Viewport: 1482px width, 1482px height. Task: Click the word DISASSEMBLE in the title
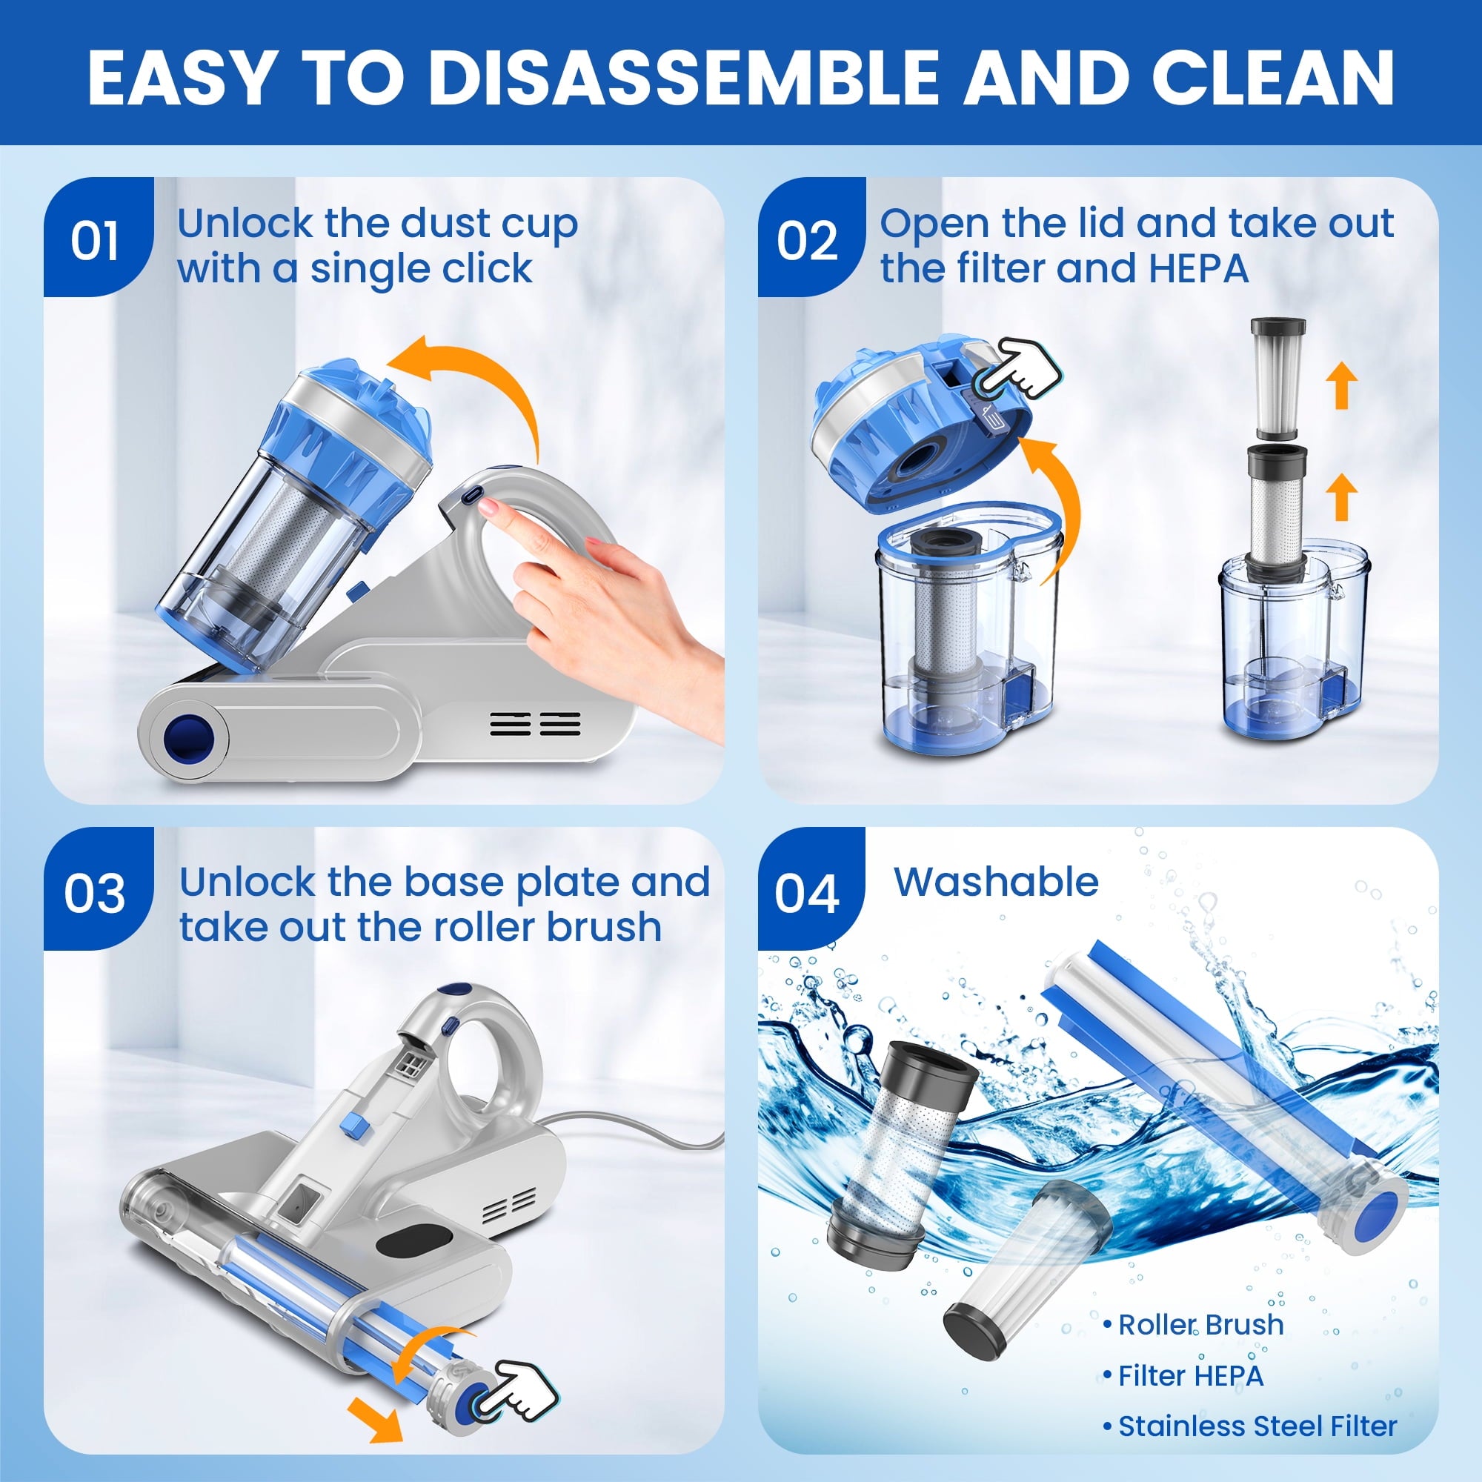pyautogui.click(x=682, y=77)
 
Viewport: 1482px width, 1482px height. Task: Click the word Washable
pyautogui.click(x=997, y=881)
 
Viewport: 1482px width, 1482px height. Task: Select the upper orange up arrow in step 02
pyautogui.click(x=1343, y=385)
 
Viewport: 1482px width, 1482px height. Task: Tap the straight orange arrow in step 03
pyautogui.click(x=376, y=1429)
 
